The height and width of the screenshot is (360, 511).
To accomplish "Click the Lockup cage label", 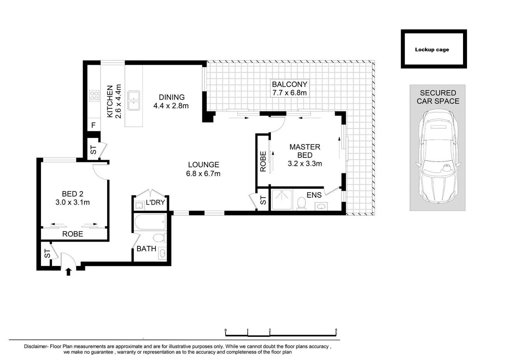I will coord(432,50).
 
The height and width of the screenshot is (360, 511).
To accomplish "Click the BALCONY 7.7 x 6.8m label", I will coord(289,89).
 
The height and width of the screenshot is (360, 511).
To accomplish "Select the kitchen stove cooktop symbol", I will coord(94,96).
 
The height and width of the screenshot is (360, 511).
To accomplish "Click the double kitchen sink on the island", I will coord(134,101).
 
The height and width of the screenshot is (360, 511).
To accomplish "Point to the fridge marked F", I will coord(94,125).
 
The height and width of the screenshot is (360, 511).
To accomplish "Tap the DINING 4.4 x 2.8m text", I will coord(171,101).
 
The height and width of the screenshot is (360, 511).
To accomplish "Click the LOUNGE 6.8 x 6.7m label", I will coord(203,169).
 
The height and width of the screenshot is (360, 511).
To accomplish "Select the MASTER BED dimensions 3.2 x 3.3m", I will coord(304,164).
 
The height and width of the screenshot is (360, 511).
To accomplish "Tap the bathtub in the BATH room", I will coord(150,222).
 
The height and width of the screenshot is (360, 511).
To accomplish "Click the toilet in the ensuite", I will coord(301,203).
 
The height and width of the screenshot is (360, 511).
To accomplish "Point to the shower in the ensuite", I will coord(282,200).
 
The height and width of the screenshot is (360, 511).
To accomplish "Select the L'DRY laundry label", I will coord(155,202).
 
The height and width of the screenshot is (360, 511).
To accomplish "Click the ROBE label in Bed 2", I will coord(73,234).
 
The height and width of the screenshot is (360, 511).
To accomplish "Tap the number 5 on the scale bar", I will coord(336,330).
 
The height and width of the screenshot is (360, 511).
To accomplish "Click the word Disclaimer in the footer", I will coord(36,347).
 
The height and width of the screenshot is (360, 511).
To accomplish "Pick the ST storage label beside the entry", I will coord(47,254).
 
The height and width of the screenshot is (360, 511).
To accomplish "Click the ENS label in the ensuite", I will coord(314,195).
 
